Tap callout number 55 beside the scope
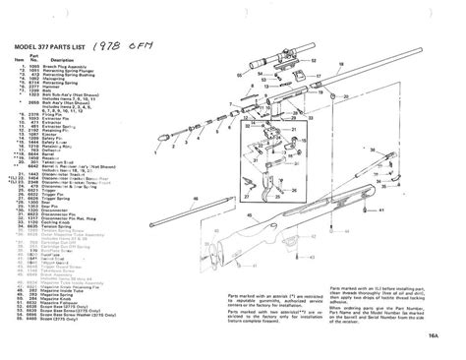pyautogui.click(x=226, y=38)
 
